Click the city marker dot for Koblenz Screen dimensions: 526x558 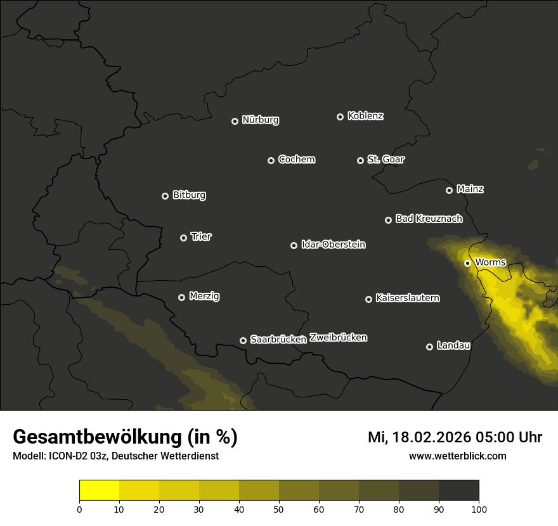pyautogui.click(x=340, y=117)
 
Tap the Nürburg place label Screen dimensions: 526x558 pyautogui.click(x=260, y=120)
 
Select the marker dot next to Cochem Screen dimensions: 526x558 pyautogui.click(x=271, y=160)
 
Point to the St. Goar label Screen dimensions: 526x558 pyautogui.click(x=386, y=159)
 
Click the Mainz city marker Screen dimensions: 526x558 pyautogui.click(x=449, y=190)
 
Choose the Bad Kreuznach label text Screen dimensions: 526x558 pyautogui.click(x=429, y=219)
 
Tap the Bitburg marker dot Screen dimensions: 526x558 pyautogui.click(x=165, y=196)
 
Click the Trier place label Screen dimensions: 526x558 pyautogui.click(x=201, y=236)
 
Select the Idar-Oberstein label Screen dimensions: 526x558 pyautogui.click(x=333, y=245)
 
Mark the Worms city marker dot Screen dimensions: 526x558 pyautogui.click(x=467, y=263)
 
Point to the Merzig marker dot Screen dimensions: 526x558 pyautogui.click(x=181, y=297)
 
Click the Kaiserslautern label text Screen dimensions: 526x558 pyautogui.click(x=407, y=298)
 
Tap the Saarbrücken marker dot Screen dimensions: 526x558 pyautogui.click(x=243, y=340)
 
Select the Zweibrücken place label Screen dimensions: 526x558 pyautogui.click(x=338, y=338)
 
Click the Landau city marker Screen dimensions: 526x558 pyautogui.click(x=429, y=347)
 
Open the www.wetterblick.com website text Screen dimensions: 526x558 pyautogui.click(x=457, y=456)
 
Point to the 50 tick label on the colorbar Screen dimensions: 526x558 pyautogui.click(x=279, y=509)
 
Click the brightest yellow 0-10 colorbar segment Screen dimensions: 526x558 pyautogui.click(x=99, y=491)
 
